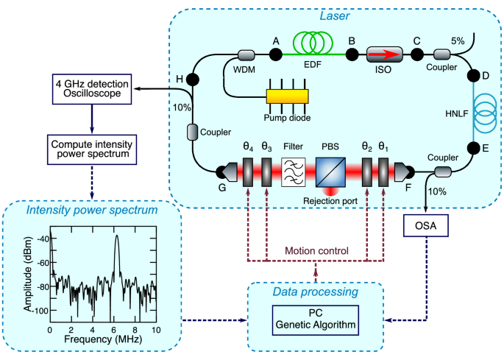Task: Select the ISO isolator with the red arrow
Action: coord(383,54)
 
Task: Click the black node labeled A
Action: coord(277,54)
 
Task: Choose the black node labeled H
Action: coord(192,79)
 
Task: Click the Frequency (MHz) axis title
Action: coord(102,341)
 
